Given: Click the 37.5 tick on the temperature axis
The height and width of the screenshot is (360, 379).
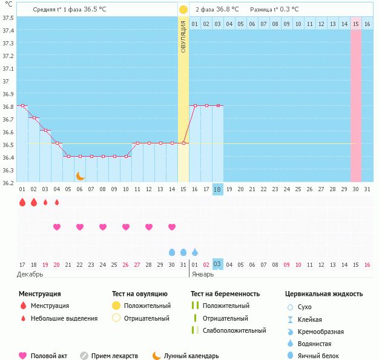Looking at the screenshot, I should point(8,18).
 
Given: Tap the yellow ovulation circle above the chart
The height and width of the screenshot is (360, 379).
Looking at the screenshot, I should point(183,10).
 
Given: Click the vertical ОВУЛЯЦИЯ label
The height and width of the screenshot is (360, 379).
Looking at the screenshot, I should point(183,36).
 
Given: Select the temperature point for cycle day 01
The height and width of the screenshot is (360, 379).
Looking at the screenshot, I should point(22,105).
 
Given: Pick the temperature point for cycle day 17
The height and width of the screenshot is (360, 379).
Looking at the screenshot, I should point(206,105).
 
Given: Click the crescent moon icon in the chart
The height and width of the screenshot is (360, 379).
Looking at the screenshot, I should point(80,176).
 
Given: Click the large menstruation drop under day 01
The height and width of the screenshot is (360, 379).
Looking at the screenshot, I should point(22,203).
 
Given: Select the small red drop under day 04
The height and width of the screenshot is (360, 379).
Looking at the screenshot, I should point(57,203).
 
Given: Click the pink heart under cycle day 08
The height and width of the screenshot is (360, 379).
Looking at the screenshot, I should point(103,227).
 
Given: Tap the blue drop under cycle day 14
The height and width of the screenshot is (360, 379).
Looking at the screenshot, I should point(172,252).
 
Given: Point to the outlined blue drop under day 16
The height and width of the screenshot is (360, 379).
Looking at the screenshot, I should point(195,252).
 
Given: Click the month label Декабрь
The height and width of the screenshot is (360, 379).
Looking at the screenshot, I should point(30,274).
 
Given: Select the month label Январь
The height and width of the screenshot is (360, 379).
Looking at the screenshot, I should point(203,274).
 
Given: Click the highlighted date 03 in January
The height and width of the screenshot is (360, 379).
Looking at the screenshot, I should point(218,264).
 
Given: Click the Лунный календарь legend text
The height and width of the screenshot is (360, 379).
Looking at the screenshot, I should point(191,356).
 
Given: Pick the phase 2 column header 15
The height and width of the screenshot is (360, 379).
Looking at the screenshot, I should point(356,24).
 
